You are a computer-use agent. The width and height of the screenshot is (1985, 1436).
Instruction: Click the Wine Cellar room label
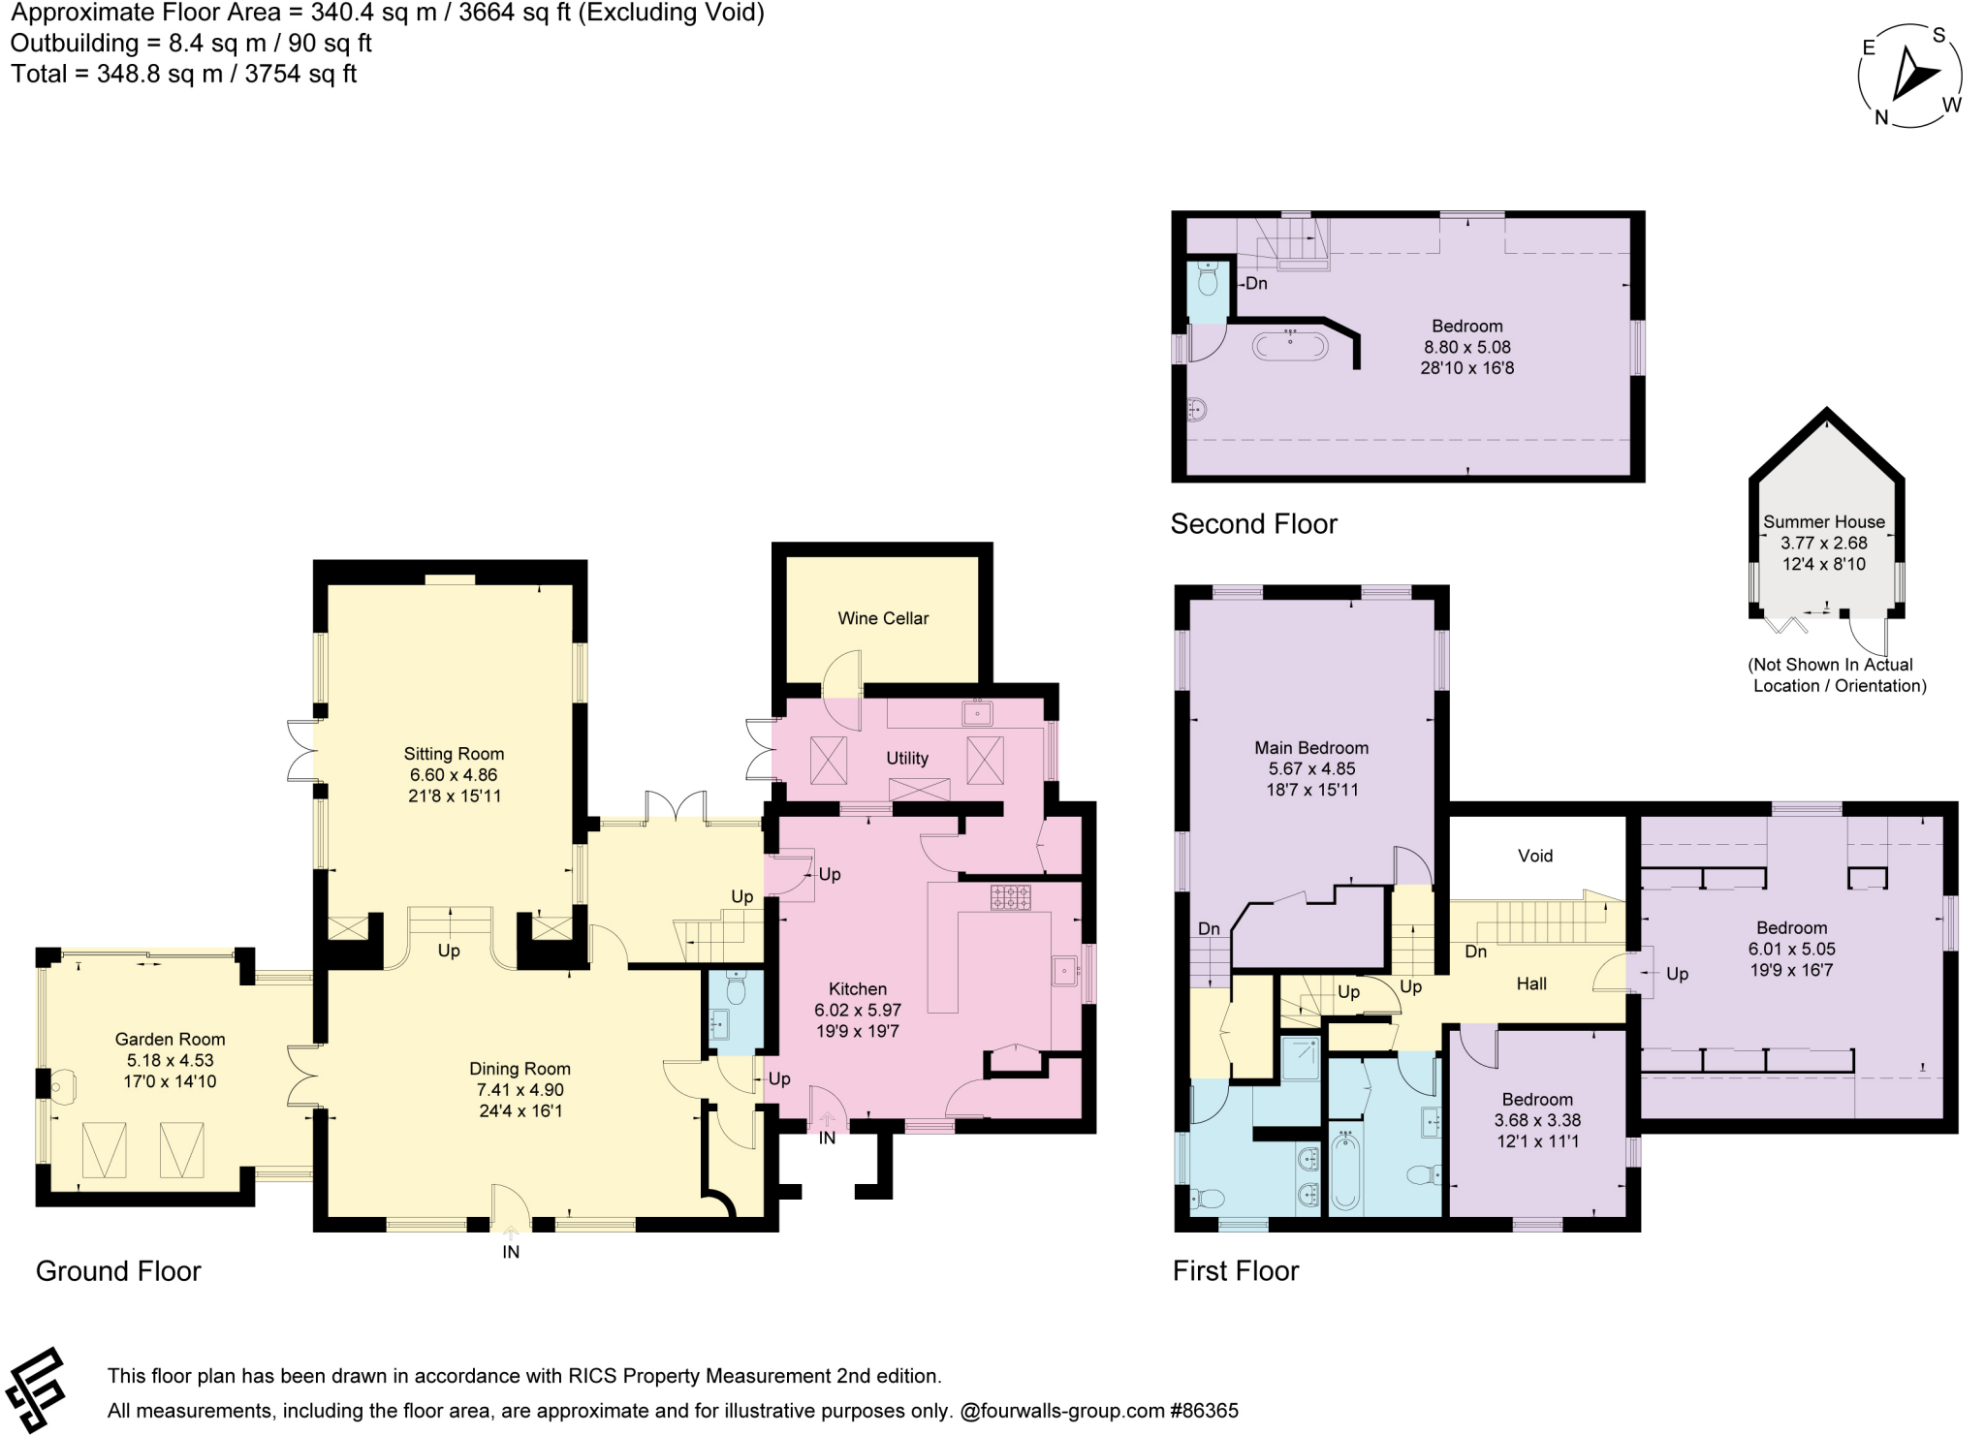(883, 618)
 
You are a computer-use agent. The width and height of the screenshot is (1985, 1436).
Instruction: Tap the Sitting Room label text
(454, 754)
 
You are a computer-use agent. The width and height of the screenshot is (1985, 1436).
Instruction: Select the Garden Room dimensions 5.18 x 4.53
(170, 1060)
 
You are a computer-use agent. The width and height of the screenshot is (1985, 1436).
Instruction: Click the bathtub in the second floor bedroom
(1290, 345)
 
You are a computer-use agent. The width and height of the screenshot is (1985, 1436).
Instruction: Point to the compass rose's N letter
(1881, 117)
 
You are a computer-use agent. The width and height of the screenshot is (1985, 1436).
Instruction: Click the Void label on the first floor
(1535, 856)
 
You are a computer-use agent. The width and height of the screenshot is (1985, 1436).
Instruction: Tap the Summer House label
(1824, 521)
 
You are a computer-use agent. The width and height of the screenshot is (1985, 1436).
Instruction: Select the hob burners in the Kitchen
(1010, 896)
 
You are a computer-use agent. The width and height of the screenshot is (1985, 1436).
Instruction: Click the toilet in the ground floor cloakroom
(736, 988)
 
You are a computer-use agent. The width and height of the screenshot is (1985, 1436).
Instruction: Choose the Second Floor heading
(1253, 524)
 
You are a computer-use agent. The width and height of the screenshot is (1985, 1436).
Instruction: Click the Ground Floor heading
(118, 1271)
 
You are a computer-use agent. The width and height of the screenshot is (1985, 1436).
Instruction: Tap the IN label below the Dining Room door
(511, 1252)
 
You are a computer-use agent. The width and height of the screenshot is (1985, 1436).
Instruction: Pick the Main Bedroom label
(1311, 747)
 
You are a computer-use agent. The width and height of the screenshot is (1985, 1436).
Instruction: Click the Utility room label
(907, 758)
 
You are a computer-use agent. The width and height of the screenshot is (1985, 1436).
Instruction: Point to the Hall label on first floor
(1531, 983)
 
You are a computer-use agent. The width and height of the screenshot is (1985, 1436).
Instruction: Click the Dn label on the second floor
(1256, 284)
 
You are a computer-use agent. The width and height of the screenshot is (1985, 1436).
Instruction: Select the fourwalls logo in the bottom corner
(37, 1389)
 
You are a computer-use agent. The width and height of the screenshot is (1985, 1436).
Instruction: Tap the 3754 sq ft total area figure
(300, 74)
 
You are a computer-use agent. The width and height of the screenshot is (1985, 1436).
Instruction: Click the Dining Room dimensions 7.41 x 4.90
(520, 1090)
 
